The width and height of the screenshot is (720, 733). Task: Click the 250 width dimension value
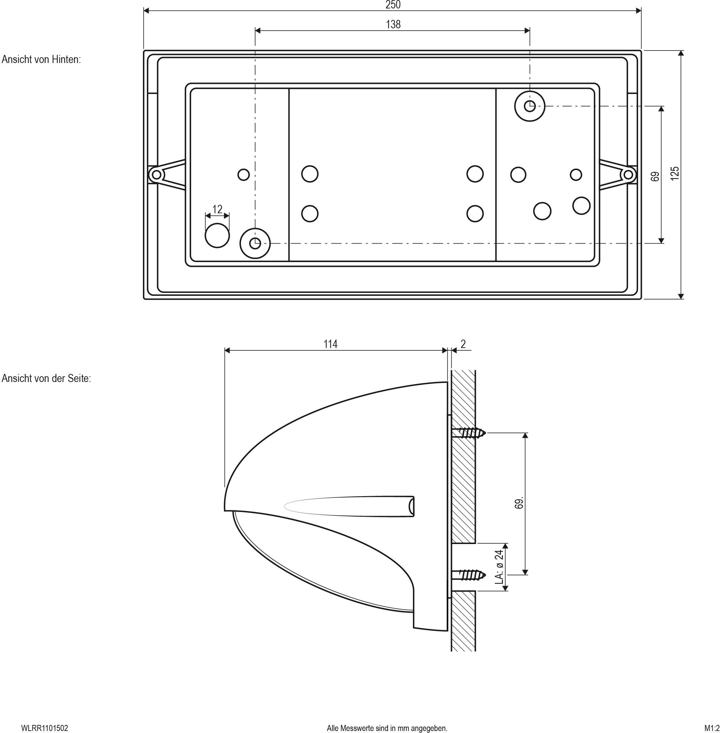coord(393,5)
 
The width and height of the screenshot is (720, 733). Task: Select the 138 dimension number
coord(393,25)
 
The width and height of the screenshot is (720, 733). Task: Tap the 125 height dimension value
coord(674,173)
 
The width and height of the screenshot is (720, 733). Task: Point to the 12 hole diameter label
coord(217,209)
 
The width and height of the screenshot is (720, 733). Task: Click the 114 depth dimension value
coord(330,344)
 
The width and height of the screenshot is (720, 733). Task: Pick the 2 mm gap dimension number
coord(463,344)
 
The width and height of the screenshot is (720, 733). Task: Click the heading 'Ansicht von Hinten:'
coord(41,60)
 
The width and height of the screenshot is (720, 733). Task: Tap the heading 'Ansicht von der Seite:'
coord(46,379)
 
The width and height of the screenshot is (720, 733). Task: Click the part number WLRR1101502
coord(44,728)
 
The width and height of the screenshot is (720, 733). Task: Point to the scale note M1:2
coord(712,728)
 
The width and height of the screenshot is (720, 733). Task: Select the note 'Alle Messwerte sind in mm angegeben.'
coord(387,728)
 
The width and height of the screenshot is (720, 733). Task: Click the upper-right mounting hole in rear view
coord(530,106)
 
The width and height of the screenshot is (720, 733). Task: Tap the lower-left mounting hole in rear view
coord(255,244)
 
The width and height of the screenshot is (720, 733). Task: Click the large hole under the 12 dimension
coord(217,235)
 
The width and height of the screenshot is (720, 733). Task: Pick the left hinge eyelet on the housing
coord(156,174)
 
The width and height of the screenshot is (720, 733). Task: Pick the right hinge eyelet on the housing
coord(628,174)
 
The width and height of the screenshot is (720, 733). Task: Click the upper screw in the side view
coord(469,433)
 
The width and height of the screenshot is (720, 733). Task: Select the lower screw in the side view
coord(469,575)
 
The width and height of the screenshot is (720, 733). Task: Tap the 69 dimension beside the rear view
coord(655,176)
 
